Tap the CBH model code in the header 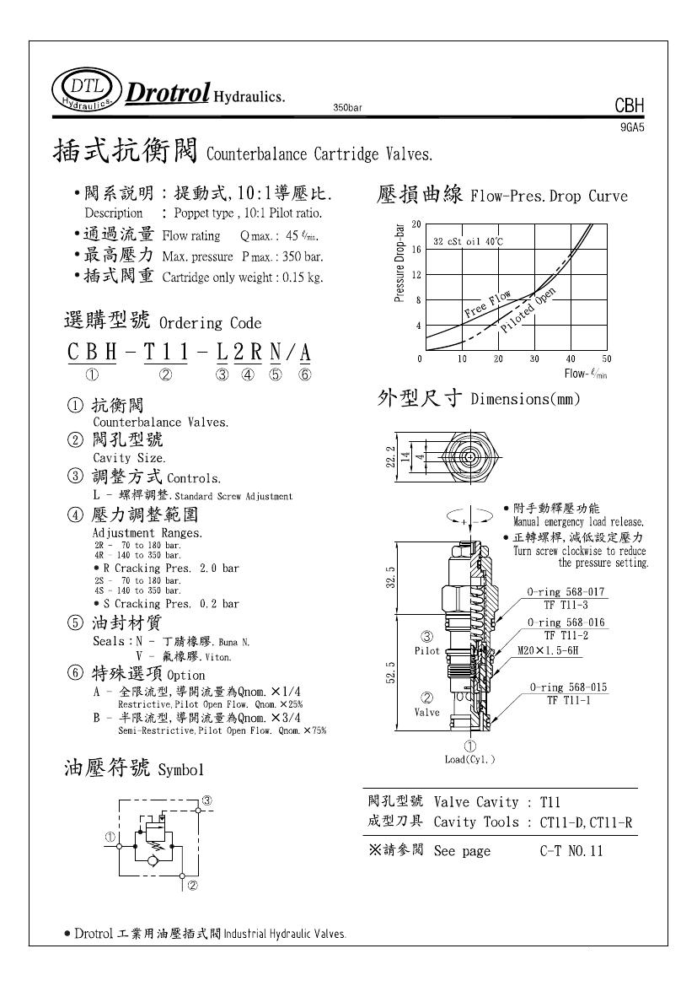(630, 106)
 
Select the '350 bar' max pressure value (298, 256)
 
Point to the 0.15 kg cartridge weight (301, 277)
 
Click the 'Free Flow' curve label (488, 304)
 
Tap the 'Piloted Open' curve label (528, 310)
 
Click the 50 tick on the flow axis (607, 359)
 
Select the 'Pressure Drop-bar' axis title (399, 262)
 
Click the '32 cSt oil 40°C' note (469, 242)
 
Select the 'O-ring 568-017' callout (566, 592)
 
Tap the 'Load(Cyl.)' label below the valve (470, 759)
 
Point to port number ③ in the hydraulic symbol (205, 800)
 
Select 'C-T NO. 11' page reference (571, 851)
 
